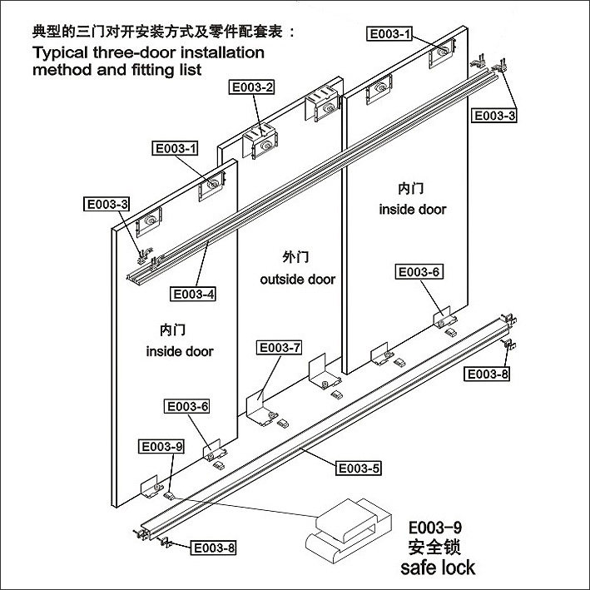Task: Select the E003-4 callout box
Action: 193,294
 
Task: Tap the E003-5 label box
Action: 358,469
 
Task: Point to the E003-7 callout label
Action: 280,347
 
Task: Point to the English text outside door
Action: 298,280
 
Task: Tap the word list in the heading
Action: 189,71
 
